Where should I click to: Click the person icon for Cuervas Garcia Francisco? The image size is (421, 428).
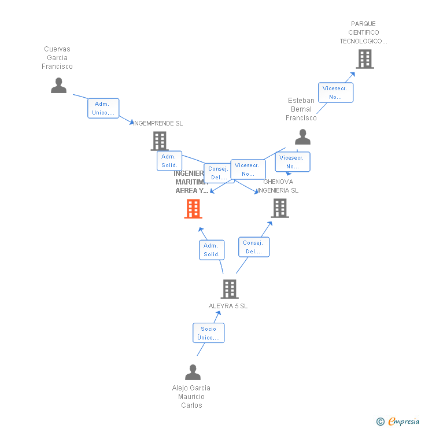[58, 85]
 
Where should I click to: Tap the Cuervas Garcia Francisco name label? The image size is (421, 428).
[57, 58]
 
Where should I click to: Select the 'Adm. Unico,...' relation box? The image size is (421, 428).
[104, 108]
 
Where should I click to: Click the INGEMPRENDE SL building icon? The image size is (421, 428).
[159, 141]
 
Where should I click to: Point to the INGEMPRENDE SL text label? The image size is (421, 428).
[158, 123]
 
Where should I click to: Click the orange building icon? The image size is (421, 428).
[193, 209]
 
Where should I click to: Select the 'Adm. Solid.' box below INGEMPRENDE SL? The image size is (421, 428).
[169, 161]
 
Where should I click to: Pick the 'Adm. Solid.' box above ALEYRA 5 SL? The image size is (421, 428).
[212, 250]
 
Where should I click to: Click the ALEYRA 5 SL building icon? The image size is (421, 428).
[230, 289]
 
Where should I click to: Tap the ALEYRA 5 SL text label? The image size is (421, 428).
[228, 306]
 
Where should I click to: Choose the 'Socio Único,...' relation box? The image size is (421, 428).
[208, 333]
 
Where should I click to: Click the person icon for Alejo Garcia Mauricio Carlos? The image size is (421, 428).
[193, 372]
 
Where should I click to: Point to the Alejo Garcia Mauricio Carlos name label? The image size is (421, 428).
[191, 397]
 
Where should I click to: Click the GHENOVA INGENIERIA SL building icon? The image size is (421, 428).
[280, 208]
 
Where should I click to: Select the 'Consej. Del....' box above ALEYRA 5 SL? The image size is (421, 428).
[254, 247]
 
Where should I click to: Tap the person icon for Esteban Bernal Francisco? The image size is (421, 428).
[302, 137]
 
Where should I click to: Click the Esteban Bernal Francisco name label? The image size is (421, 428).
[301, 109]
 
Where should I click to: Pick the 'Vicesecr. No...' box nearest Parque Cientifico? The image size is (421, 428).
[335, 93]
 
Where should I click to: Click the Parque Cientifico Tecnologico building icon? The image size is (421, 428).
[364, 59]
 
